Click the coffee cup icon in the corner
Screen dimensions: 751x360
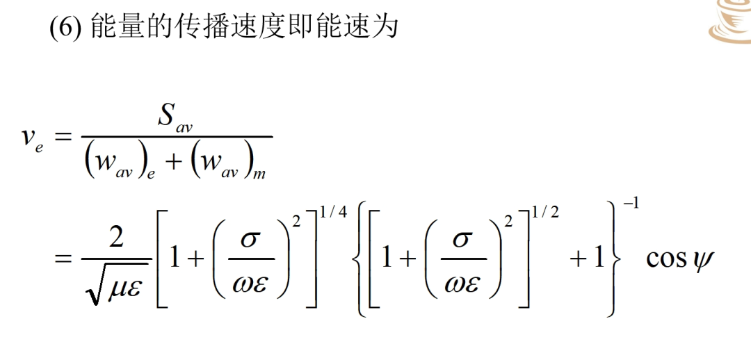point(731,22)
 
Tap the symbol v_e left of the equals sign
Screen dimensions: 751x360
point(31,139)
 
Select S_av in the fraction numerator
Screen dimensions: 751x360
point(176,118)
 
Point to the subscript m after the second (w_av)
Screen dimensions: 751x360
point(259,174)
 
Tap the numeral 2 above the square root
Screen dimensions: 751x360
point(116,238)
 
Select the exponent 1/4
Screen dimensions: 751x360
point(332,211)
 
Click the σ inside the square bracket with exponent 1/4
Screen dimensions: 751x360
point(250,239)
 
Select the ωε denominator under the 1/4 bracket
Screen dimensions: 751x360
point(250,286)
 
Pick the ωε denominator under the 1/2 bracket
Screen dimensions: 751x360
point(462,286)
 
